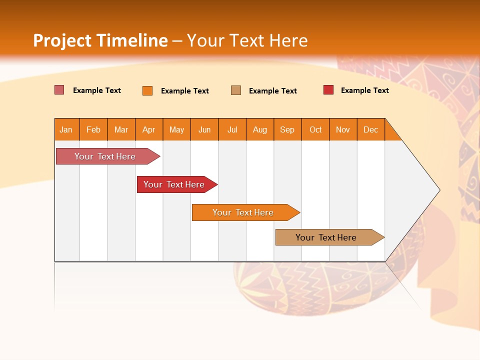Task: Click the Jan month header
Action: (66, 129)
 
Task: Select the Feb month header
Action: (93, 129)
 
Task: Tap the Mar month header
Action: (121, 129)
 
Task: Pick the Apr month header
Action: (149, 129)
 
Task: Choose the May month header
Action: (176, 129)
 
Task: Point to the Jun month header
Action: (204, 129)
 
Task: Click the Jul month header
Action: (232, 129)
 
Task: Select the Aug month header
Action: (260, 129)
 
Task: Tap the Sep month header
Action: (287, 129)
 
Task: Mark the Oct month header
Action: (315, 129)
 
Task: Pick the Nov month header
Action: (343, 129)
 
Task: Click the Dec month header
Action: (371, 129)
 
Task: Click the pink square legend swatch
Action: (59, 90)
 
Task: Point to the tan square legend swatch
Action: (236, 90)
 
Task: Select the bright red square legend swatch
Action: (328, 90)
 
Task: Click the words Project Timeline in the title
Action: (100, 40)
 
